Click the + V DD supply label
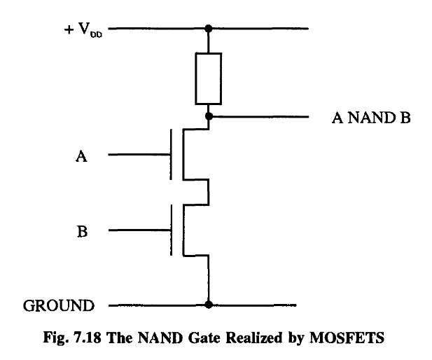(85, 31)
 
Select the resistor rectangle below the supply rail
(208, 79)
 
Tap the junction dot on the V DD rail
(208, 29)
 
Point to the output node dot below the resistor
(208, 115)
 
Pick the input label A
(81, 158)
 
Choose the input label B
(81, 231)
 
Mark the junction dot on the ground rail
(208, 305)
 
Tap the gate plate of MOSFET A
(172, 155)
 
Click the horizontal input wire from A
(140, 155)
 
